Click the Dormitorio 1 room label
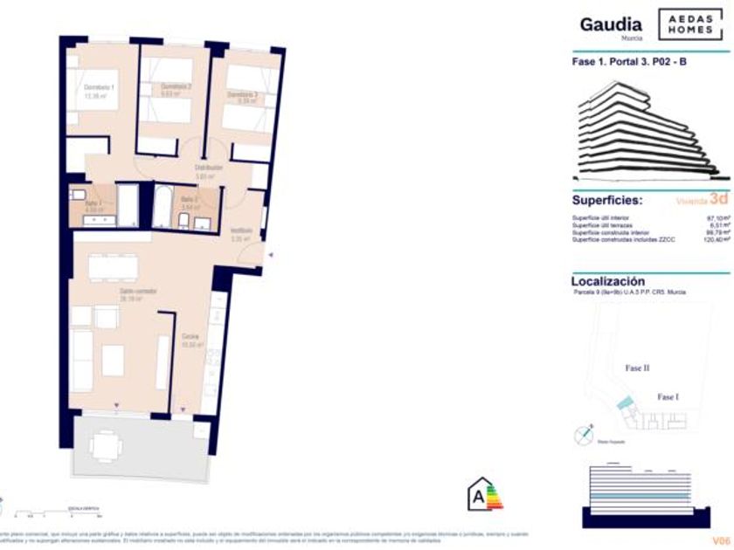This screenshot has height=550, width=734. click(x=100, y=88)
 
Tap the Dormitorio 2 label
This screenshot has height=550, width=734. click(x=177, y=86)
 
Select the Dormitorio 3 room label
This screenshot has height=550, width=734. click(x=243, y=94)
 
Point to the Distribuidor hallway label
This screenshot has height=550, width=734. click(x=209, y=167)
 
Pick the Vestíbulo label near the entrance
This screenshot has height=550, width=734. click(x=241, y=231)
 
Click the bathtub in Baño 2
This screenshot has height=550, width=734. click(x=163, y=207)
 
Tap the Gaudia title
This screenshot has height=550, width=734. click(x=611, y=25)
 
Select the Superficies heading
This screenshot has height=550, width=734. click(x=607, y=200)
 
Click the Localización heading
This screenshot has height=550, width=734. click(x=608, y=281)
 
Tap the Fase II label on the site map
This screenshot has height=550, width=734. click(x=638, y=368)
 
